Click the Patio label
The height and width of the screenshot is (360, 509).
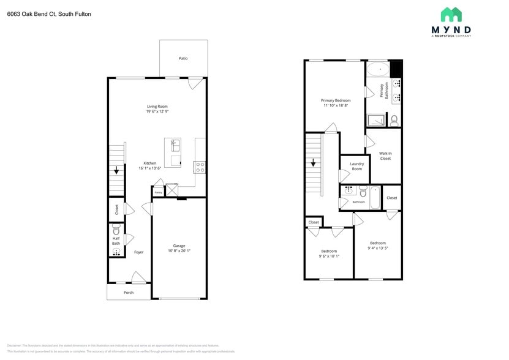(183, 59)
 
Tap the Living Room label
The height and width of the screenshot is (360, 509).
(157, 107)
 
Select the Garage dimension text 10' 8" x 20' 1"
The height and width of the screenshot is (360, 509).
(179, 250)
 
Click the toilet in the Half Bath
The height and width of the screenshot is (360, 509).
(116, 231)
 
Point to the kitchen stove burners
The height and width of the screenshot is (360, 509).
(200, 167)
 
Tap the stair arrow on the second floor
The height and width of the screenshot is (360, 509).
(313, 162)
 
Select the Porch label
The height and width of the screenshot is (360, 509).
(129, 292)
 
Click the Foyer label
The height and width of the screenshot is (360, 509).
(139, 252)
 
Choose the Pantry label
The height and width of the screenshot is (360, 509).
(158, 192)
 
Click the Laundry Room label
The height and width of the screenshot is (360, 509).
(356, 166)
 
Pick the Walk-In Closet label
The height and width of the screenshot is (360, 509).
(385, 156)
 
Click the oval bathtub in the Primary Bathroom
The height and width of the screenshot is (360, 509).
(377, 69)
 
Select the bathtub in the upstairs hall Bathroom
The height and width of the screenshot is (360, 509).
(375, 197)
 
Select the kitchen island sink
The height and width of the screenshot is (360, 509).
(175, 145)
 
